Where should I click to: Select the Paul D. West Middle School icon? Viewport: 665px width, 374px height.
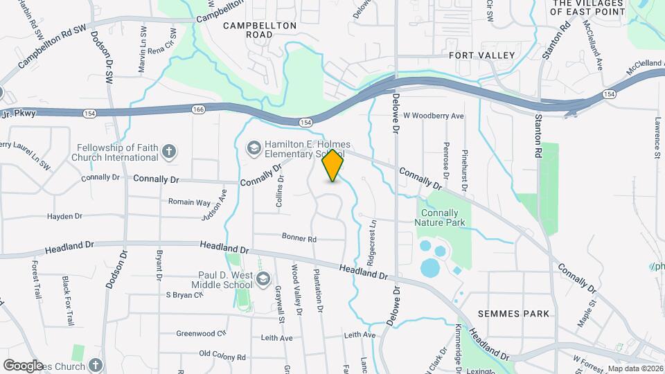tap(263, 279)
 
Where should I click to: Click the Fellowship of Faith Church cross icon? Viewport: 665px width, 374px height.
tap(168, 152)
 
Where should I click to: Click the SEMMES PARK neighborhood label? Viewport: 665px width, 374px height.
tap(518, 314)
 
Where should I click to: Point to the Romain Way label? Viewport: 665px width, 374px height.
tap(189, 202)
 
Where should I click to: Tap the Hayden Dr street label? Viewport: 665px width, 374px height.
tap(64, 217)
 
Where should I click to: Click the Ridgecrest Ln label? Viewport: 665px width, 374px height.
tap(372, 236)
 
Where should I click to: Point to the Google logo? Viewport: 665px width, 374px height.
tap(23, 365)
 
